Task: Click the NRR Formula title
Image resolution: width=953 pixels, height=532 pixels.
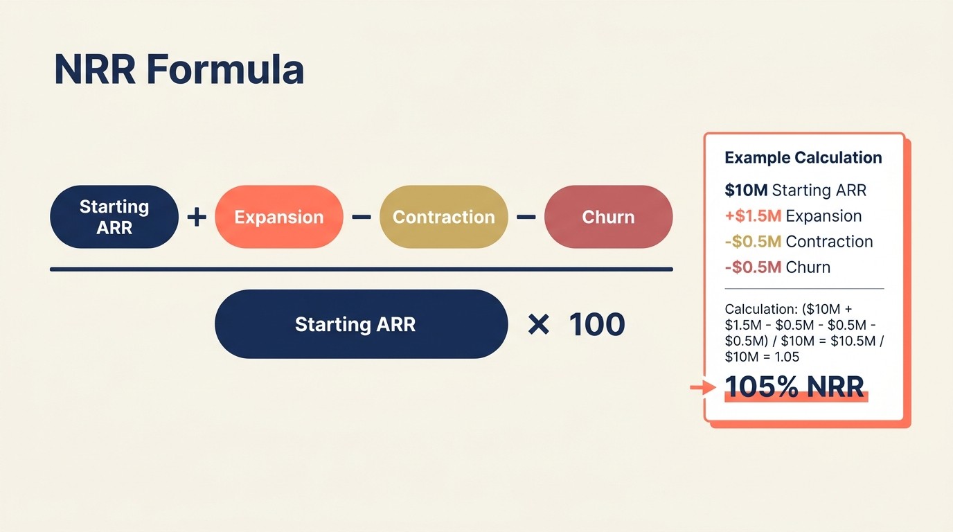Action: point(179,70)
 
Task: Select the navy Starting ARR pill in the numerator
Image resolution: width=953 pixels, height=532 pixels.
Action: point(114,217)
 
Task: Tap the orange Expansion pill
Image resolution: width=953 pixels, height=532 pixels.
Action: point(279,217)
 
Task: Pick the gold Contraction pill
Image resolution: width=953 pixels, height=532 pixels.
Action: point(443,217)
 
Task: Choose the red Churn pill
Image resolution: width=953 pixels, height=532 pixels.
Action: point(608,217)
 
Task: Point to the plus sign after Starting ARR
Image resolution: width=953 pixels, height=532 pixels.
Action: point(197,217)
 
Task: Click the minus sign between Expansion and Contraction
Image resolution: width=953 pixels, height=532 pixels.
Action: point(361,217)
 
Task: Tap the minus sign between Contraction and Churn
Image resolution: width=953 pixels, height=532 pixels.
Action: point(526,217)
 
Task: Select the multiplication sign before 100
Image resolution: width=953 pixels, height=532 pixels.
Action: point(538,324)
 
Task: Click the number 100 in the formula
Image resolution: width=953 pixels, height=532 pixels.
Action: point(597,324)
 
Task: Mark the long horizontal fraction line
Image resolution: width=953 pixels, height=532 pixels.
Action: point(361,269)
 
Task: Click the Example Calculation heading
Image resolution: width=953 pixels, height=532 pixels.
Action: point(803,158)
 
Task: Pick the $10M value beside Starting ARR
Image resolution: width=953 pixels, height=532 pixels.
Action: point(746,190)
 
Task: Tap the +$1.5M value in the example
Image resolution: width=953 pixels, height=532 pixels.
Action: point(753,216)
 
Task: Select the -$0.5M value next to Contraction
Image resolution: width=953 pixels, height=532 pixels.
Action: point(753,242)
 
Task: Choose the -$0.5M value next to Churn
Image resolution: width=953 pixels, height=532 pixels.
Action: point(753,267)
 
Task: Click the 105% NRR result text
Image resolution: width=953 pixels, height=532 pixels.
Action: point(795,387)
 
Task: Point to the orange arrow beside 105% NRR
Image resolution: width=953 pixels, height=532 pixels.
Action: point(703,388)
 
